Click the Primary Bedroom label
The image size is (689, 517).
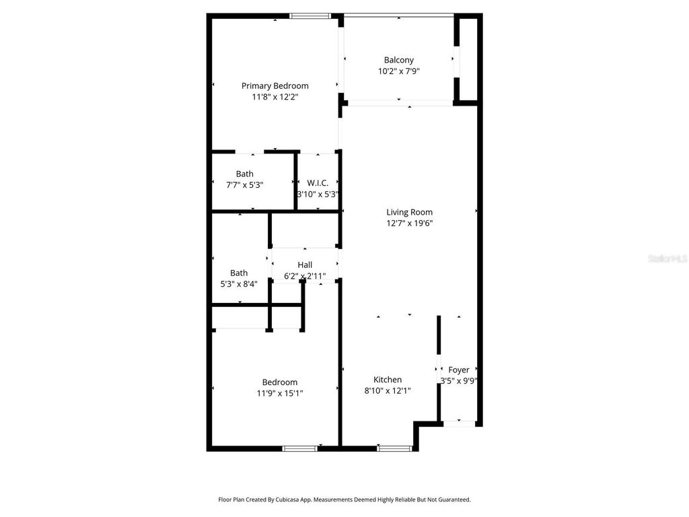pyautogui.click(x=275, y=85)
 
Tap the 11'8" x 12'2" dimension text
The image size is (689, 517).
pyautogui.click(x=275, y=97)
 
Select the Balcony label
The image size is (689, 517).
pyautogui.click(x=398, y=60)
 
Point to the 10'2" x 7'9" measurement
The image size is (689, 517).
pyautogui.click(x=398, y=71)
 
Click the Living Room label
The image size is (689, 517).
pyautogui.click(x=409, y=212)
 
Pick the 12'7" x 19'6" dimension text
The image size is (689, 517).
pyautogui.click(x=409, y=223)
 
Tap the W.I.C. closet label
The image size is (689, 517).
pyautogui.click(x=318, y=183)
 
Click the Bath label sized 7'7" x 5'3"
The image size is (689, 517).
pyautogui.click(x=244, y=174)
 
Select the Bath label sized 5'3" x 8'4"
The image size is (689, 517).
pyautogui.click(x=239, y=273)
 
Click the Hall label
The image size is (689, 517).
pyautogui.click(x=305, y=265)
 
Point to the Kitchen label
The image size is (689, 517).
pyautogui.click(x=388, y=380)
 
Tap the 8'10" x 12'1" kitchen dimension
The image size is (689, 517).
pyautogui.click(x=388, y=390)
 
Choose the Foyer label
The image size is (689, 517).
pyautogui.click(x=459, y=370)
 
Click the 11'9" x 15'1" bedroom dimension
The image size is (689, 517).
pyautogui.click(x=280, y=393)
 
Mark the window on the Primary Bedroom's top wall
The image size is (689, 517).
pyautogui.click(x=310, y=15)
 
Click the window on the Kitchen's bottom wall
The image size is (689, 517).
pyautogui.click(x=394, y=448)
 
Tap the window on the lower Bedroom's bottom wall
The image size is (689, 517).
pyautogui.click(x=299, y=448)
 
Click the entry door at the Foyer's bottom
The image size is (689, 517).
pyautogui.click(x=460, y=423)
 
